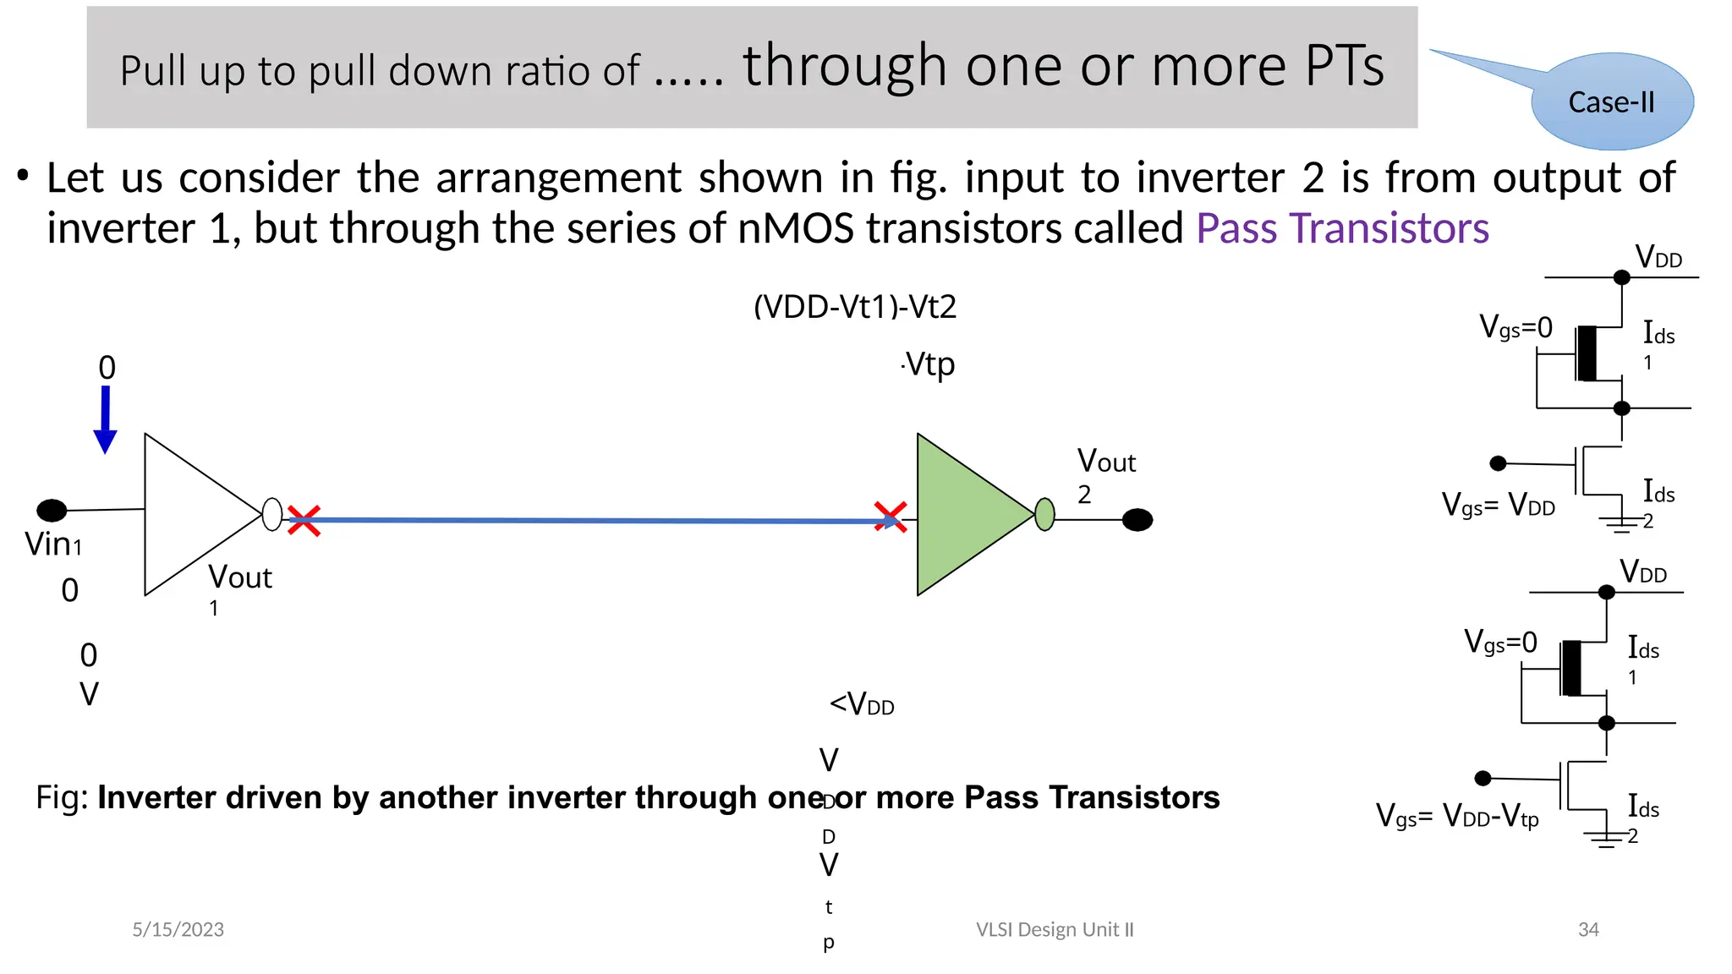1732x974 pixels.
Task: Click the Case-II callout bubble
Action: (x=1611, y=101)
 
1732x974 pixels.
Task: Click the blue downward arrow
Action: (x=106, y=419)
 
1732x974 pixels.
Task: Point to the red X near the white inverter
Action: (x=304, y=520)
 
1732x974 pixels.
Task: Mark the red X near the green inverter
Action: (x=890, y=517)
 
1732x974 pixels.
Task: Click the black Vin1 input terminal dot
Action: (x=52, y=510)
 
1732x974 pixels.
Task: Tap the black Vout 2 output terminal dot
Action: (x=1137, y=520)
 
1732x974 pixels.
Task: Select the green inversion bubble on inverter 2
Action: (x=1044, y=514)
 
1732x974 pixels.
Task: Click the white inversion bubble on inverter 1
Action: (x=272, y=514)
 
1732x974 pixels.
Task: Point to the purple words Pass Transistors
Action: (x=1342, y=228)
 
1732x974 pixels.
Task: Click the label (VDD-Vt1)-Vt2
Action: (x=855, y=306)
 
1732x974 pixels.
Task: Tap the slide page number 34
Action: (x=1588, y=929)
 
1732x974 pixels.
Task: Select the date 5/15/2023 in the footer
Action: (x=178, y=929)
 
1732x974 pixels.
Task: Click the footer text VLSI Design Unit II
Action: (x=1055, y=929)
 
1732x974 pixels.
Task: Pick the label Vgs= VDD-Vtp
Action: (x=1457, y=816)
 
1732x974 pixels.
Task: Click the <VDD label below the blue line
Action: (x=862, y=703)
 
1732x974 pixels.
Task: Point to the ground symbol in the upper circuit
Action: (x=1620, y=525)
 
